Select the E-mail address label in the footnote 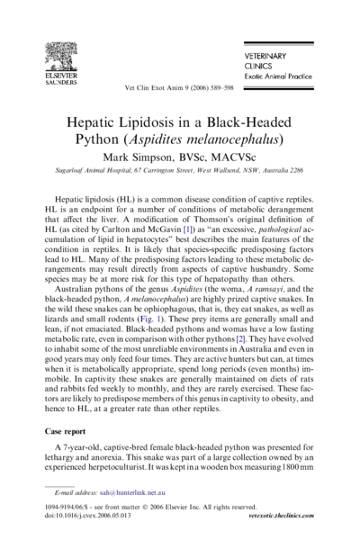(74, 494)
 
